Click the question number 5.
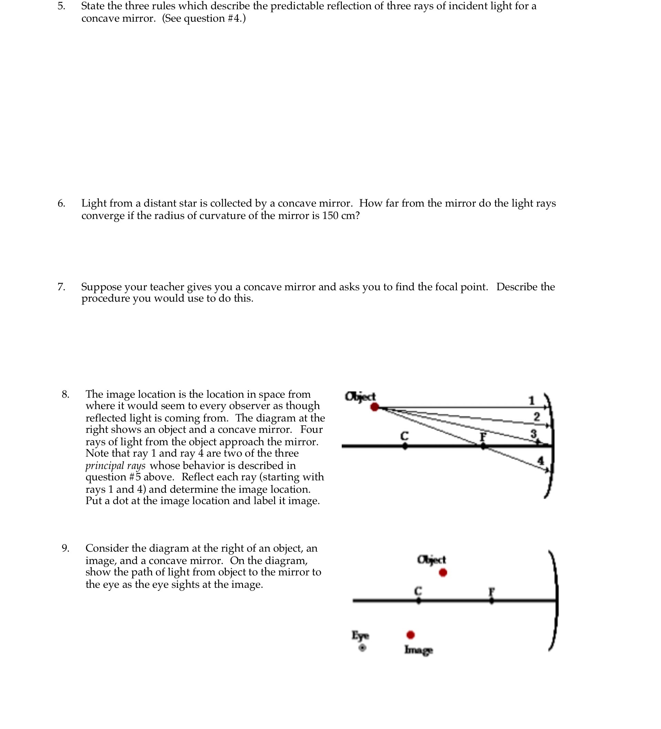tap(61, 6)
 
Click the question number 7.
tap(61, 287)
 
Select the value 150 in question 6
tap(330, 216)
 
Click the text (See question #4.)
tap(203, 19)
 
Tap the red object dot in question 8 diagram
tap(375, 407)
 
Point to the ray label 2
tap(537, 417)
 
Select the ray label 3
tap(533, 433)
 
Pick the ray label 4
tap(541, 461)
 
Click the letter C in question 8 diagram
tap(404, 436)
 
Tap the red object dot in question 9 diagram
tap(443, 572)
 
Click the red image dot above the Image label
tap(410, 635)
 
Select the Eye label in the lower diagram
tap(360, 635)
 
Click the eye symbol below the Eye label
tap(362, 648)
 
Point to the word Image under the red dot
tap(418, 650)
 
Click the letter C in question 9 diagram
tap(418, 591)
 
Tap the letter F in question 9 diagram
tap(491, 592)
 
